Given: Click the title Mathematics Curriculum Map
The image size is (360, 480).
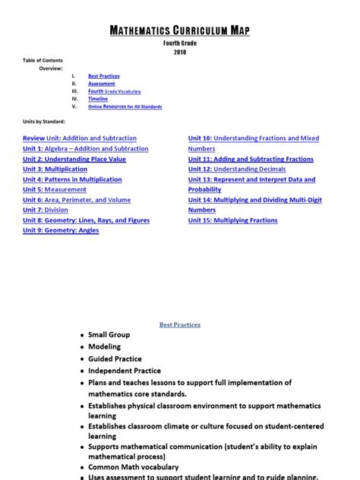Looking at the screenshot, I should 179,31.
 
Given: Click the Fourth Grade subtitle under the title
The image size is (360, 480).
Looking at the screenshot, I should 179,44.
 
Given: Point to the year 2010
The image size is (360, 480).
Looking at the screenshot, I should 179,52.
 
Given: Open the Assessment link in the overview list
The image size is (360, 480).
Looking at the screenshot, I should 102,84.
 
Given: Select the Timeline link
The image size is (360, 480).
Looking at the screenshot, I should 98,99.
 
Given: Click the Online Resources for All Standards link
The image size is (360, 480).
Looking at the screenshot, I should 125,106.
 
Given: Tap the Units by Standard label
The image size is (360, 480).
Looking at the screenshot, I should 44,122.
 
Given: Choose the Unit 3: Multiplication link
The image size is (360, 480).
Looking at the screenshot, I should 55,169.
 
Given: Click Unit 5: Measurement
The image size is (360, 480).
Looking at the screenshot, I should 55,190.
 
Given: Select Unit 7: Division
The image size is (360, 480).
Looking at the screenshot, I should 45,210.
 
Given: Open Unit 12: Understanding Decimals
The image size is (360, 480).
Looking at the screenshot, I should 237,169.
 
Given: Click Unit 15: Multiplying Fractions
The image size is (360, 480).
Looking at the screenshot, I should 232,220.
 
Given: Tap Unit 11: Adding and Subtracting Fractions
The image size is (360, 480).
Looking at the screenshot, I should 251,159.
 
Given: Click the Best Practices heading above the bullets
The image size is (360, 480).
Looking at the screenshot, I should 180,324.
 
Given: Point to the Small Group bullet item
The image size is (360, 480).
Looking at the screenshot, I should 109,334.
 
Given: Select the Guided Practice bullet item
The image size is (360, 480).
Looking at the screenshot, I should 115,358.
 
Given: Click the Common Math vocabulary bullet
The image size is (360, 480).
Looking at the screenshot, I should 133,467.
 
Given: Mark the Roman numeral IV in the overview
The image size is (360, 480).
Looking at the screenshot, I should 74,99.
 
